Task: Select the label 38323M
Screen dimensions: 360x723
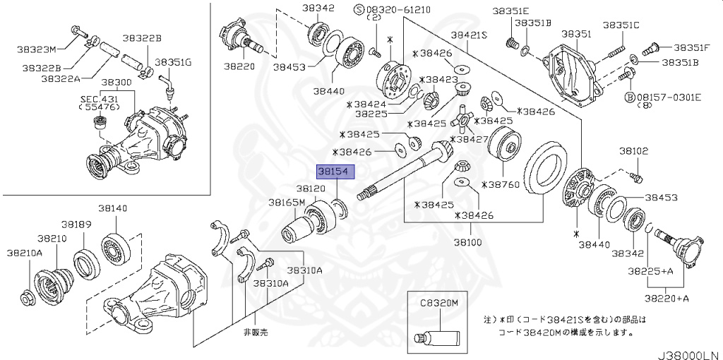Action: (x=37, y=49)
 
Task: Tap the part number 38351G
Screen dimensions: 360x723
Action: (x=173, y=62)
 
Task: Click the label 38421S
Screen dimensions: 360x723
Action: (x=470, y=35)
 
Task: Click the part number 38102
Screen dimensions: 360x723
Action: (x=634, y=150)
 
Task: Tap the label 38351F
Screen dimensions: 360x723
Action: (x=691, y=47)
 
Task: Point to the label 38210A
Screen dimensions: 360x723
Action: (x=25, y=252)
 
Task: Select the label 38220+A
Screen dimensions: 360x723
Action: (x=668, y=298)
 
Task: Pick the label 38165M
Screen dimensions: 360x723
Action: (x=286, y=202)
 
